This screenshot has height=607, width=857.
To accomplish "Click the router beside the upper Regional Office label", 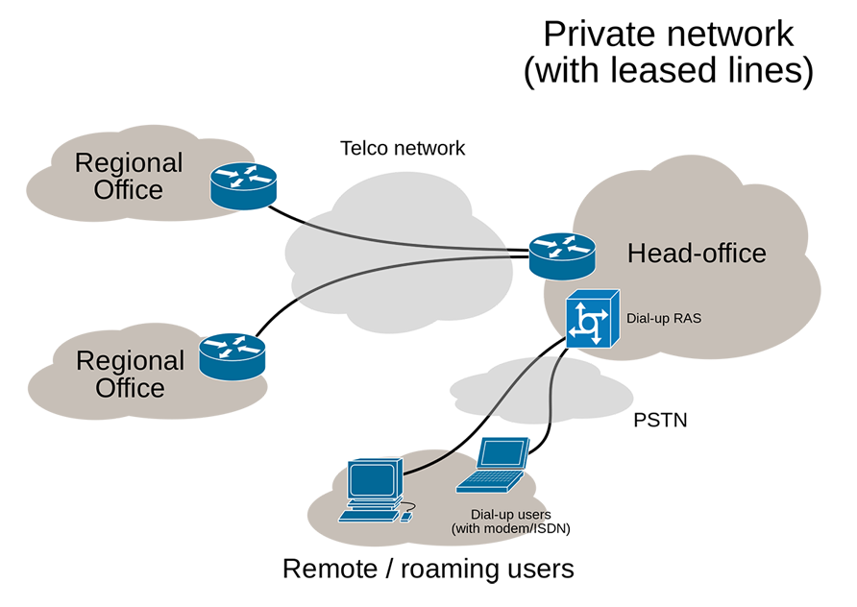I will pyautogui.click(x=243, y=183).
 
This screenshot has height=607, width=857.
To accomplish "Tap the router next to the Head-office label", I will pyautogui.click(x=562, y=255).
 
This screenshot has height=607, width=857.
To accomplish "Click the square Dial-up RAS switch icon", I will pyautogui.click(x=588, y=319).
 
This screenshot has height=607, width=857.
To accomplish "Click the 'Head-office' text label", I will pyautogui.click(x=697, y=254).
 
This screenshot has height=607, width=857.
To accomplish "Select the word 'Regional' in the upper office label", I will pyautogui.click(x=129, y=162).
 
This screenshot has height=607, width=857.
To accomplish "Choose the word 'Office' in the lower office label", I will pyautogui.click(x=130, y=388).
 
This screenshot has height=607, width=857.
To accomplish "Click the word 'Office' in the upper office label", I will pyautogui.click(x=129, y=189).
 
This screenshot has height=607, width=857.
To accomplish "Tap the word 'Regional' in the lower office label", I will pyautogui.click(x=130, y=361).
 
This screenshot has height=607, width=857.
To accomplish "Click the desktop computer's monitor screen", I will pyautogui.click(x=372, y=477).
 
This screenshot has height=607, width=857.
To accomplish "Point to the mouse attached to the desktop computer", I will pyautogui.click(x=406, y=516).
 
